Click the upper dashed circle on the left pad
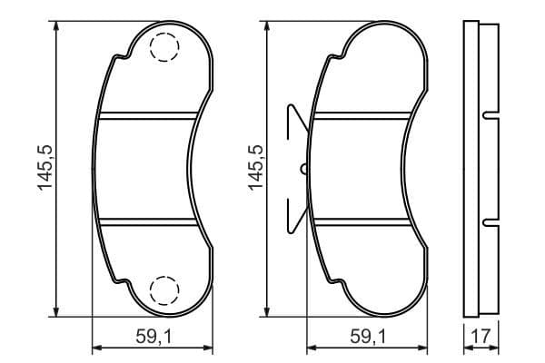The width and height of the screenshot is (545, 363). [164, 46]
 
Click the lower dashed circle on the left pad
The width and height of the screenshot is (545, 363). [164, 289]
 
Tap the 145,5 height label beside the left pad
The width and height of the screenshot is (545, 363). [44, 168]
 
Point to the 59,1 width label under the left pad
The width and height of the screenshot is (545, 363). [154, 336]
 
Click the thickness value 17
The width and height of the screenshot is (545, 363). [480, 336]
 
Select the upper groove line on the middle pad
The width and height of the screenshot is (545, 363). [359, 114]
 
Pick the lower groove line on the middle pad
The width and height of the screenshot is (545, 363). [359, 221]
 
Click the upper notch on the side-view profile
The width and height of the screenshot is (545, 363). [491, 114]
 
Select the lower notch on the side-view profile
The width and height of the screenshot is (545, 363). [491, 221]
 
